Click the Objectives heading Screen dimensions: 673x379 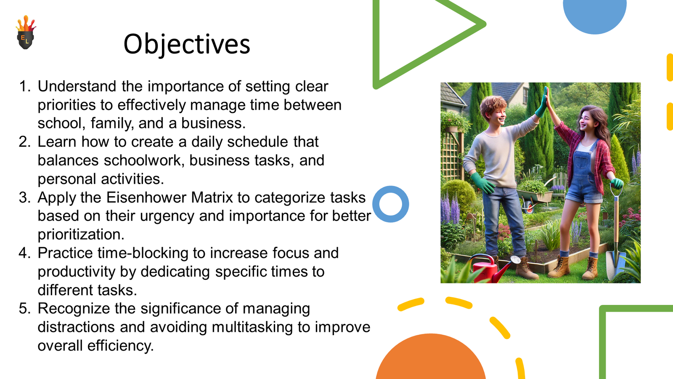pyautogui.click(x=187, y=44)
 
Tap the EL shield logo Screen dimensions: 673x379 pyautogui.click(x=26, y=32)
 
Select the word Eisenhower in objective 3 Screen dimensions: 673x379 pyautogui.click(x=148, y=198)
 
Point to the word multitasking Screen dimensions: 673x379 pyautogui.click(x=252, y=327)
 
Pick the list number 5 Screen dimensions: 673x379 pyautogui.click(x=25, y=309)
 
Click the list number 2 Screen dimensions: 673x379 pyautogui.click(x=25, y=142)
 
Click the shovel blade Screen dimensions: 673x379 pyautogui.click(x=615, y=265)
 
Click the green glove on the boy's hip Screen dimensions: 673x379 pyautogui.click(x=482, y=182)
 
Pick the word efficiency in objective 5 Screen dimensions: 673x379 pyautogui.click(x=120, y=346)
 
